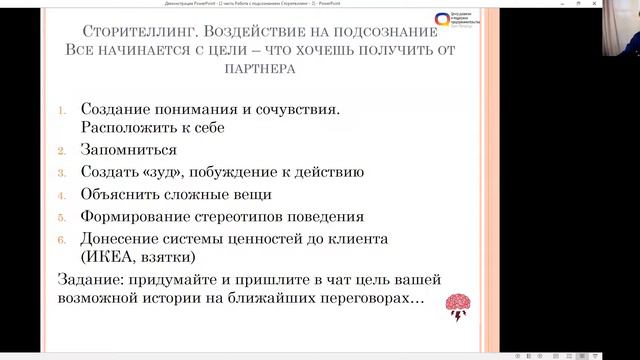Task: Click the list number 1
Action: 63,110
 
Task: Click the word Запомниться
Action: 130,150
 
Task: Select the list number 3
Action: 63,172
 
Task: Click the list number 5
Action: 63,216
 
